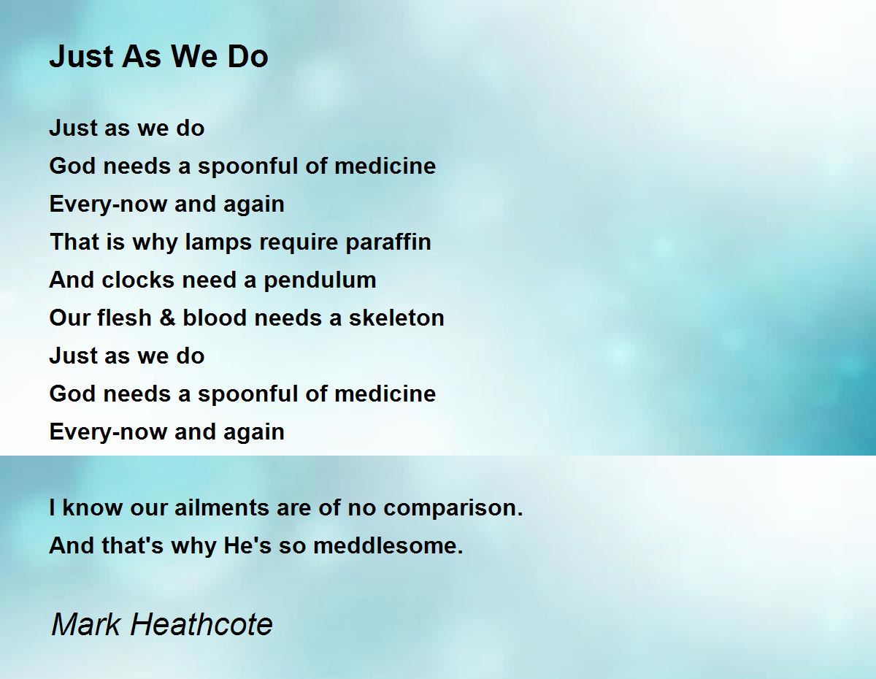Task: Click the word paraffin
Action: (x=388, y=242)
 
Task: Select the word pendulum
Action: (x=320, y=280)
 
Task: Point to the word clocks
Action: (x=139, y=280)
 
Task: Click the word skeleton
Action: (x=396, y=318)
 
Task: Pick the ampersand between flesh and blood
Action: (x=167, y=318)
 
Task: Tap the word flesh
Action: (x=124, y=318)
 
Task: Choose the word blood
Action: (x=215, y=318)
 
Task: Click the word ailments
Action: (x=222, y=507)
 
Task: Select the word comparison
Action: (x=453, y=508)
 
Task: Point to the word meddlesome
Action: (x=388, y=545)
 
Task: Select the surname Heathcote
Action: (x=201, y=624)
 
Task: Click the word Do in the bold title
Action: (x=248, y=56)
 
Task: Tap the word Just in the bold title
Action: (x=81, y=56)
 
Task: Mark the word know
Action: (x=92, y=507)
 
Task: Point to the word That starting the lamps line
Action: (x=74, y=242)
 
